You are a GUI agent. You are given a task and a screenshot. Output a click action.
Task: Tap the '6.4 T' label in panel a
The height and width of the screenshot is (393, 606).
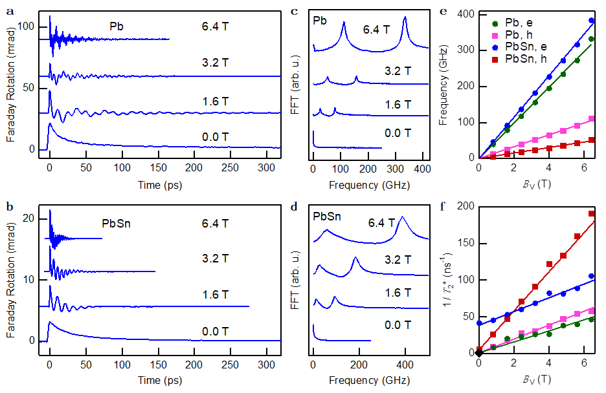point(214,27)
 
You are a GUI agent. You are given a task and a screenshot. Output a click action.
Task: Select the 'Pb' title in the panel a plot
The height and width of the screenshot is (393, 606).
point(116,27)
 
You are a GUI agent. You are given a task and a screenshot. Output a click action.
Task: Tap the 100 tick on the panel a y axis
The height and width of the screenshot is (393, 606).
point(25,27)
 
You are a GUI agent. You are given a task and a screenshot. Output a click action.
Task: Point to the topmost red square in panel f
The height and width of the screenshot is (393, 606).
point(591,214)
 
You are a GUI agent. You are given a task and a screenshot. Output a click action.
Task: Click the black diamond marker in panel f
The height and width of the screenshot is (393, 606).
point(479,353)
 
